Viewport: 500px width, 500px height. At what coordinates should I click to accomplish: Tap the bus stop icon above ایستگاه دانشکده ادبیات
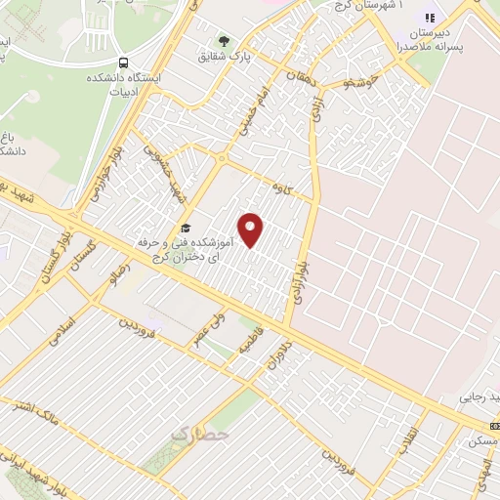[120, 61]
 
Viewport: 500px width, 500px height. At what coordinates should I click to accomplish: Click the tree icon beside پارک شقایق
[225, 42]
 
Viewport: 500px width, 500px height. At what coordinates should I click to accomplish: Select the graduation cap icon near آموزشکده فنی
[186, 229]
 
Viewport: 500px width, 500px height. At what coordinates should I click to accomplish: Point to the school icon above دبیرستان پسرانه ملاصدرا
[427, 18]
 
